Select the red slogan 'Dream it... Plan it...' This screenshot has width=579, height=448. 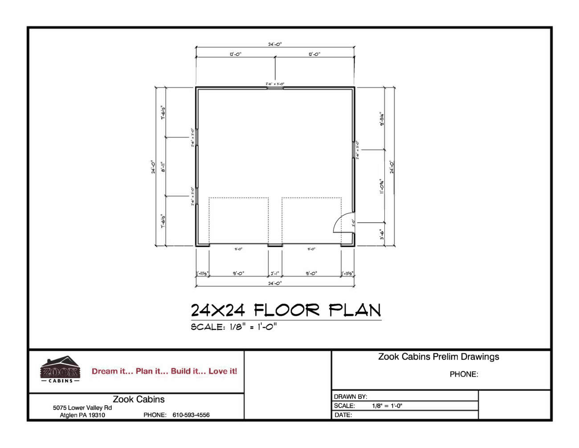(x=164, y=371)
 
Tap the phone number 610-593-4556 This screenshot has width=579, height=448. (x=191, y=415)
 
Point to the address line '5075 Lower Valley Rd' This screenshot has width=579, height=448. (x=82, y=408)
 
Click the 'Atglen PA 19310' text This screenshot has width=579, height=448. (x=82, y=415)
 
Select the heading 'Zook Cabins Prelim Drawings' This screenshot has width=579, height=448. (x=439, y=357)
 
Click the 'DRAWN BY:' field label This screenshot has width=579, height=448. (x=351, y=397)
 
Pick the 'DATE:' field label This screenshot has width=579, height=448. (x=343, y=415)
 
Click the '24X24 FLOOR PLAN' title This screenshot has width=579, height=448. (x=286, y=310)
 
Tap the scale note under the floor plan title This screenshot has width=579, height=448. (x=234, y=327)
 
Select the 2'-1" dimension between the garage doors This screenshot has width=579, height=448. (x=275, y=273)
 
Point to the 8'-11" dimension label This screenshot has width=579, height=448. (x=163, y=167)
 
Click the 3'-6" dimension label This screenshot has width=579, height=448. (x=382, y=234)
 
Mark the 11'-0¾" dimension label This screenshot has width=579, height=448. (x=382, y=186)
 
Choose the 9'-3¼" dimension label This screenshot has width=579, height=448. (x=382, y=119)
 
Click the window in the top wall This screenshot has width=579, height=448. (x=275, y=88)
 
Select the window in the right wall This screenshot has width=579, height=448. (x=354, y=149)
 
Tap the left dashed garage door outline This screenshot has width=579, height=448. (x=239, y=221)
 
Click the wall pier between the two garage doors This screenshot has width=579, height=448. (x=275, y=245)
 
